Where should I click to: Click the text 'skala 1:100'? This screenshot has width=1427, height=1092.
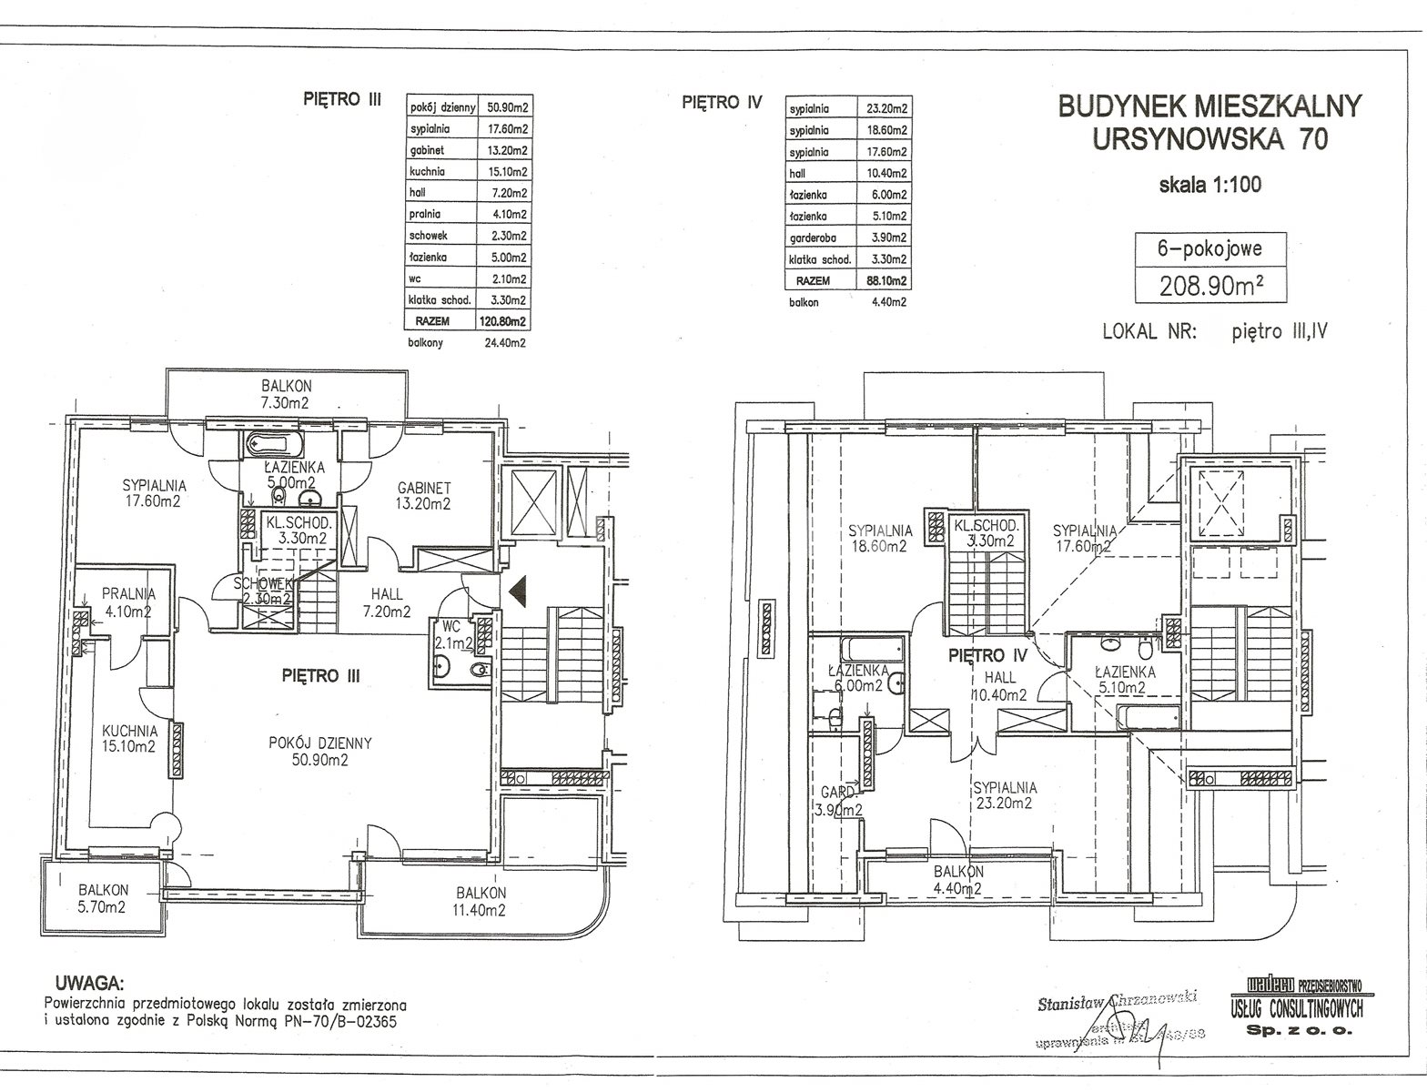click(1209, 185)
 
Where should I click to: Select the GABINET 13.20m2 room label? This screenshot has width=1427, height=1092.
click(423, 495)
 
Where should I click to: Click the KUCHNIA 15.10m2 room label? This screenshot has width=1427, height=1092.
click(129, 738)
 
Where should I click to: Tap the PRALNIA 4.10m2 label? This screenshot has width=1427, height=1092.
click(128, 602)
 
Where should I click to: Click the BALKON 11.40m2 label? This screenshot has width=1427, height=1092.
click(481, 901)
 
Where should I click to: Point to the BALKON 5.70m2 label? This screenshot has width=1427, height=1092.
click(103, 898)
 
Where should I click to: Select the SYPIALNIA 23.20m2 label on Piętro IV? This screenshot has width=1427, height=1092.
click(1004, 795)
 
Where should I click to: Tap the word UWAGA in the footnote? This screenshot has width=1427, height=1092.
click(88, 983)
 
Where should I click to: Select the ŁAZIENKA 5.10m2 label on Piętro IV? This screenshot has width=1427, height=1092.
click(1124, 680)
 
